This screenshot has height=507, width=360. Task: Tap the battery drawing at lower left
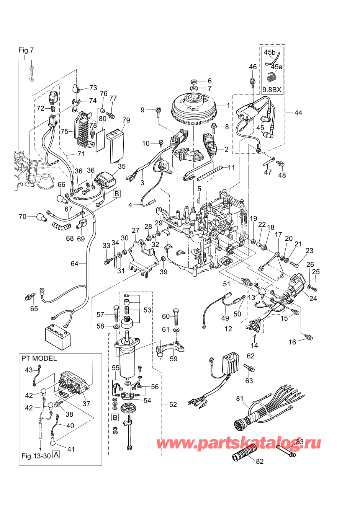pos(58,336)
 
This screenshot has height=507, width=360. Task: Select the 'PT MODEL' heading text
pos(39,359)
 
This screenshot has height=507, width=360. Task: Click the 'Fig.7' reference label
pos(26,50)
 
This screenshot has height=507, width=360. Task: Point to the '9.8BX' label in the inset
pos(272,90)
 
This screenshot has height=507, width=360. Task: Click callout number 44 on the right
pos(298,113)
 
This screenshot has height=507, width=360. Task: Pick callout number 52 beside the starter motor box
pos(173,404)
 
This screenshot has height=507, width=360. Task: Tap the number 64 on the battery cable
pos(75,264)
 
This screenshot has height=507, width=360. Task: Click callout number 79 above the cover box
pos(126,120)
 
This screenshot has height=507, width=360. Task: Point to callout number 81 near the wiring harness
pos(240,399)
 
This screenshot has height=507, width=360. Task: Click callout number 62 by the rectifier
pos(250,356)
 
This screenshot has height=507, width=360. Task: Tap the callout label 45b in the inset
pos(270,52)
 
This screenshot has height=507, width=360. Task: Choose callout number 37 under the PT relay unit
pos(86,404)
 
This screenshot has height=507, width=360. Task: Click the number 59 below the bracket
pos(173,359)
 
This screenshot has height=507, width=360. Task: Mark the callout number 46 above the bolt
pos(253,67)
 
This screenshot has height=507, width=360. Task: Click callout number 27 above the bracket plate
pos(136,231)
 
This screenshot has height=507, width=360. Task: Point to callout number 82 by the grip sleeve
pos(260,461)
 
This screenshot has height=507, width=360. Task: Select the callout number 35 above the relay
pos(122,166)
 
